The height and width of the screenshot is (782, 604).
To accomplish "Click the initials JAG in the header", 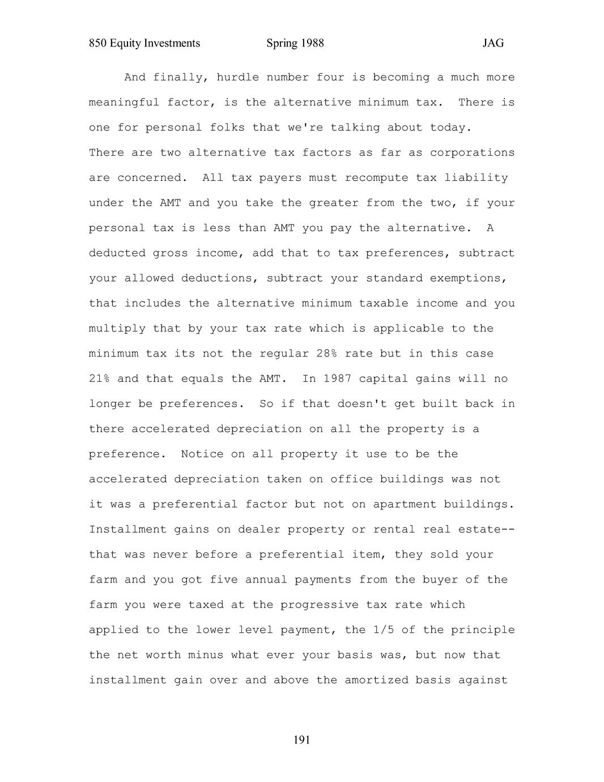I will pyautogui.click(x=493, y=44).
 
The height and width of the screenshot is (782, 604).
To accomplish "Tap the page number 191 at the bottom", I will pyautogui.click(x=302, y=739).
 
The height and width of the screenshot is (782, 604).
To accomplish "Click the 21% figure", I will pyautogui.click(x=99, y=379).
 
